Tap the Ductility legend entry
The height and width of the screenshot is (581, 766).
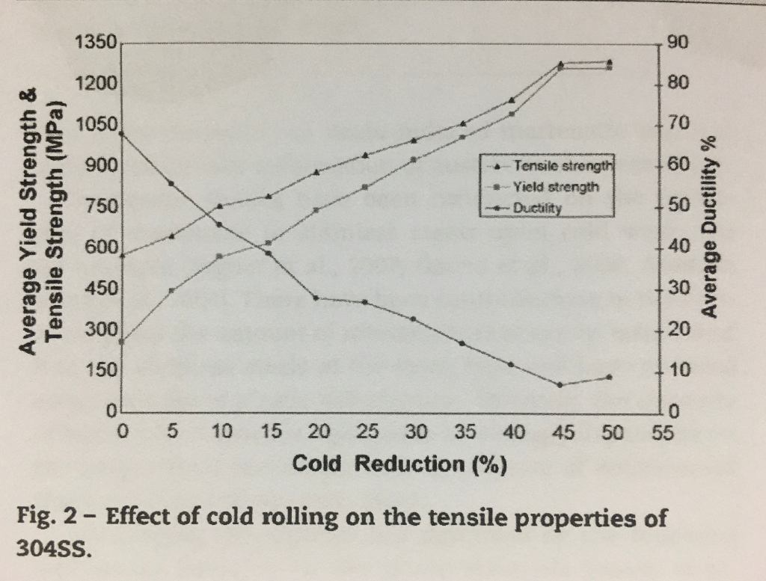[537, 209]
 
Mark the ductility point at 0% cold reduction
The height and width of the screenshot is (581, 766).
[122, 133]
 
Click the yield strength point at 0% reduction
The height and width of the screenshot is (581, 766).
[122, 342]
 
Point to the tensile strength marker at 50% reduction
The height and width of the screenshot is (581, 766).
[610, 62]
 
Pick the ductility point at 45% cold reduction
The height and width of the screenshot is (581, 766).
[560, 385]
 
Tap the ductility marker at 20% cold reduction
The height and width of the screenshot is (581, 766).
[316, 298]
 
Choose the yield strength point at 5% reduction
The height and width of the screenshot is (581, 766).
[171, 290]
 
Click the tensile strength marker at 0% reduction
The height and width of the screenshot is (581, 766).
[122, 255]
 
